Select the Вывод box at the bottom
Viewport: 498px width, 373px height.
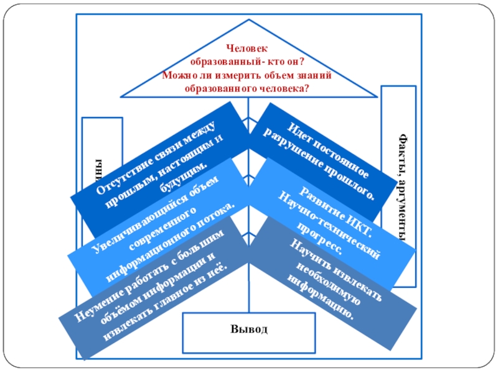pos(248,328)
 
